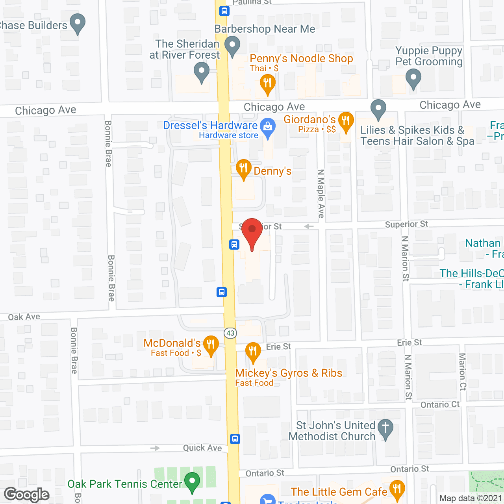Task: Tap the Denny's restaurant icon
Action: point(244,169)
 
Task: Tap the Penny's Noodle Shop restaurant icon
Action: point(267,84)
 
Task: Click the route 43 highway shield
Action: point(230,333)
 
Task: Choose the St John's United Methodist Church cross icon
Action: point(385,428)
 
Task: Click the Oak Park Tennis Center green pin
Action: point(192,482)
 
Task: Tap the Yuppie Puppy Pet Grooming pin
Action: point(413,77)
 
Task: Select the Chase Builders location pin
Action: point(78,22)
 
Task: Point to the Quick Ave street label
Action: point(202,448)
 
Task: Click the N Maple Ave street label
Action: point(321,193)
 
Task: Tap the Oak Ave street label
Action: point(24,317)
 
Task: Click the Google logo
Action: point(27,495)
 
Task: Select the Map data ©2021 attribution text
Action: point(471,498)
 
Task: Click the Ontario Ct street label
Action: point(440,405)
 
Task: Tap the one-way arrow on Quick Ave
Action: point(155,448)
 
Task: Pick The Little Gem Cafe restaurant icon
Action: point(397,489)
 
